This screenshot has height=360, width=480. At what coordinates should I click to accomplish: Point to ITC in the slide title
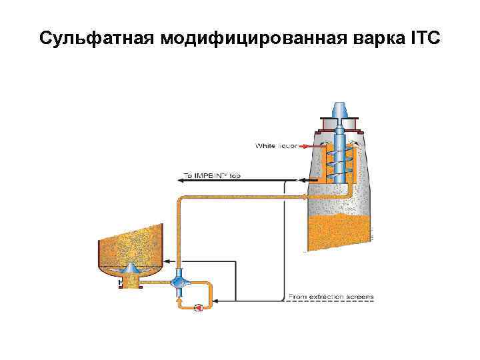click(424, 37)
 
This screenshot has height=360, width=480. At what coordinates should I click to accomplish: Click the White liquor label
click(277, 145)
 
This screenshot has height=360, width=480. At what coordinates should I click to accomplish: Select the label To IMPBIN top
click(212, 175)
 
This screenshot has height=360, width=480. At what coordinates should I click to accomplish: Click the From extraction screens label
click(330, 296)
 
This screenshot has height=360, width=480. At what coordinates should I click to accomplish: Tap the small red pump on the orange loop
click(198, 307)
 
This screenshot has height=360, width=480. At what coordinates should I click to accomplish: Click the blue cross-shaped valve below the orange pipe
click(179, 282)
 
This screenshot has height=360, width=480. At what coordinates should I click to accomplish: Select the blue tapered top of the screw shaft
click(339, 109)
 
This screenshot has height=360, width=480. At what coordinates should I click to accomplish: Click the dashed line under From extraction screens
click(330, 302)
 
